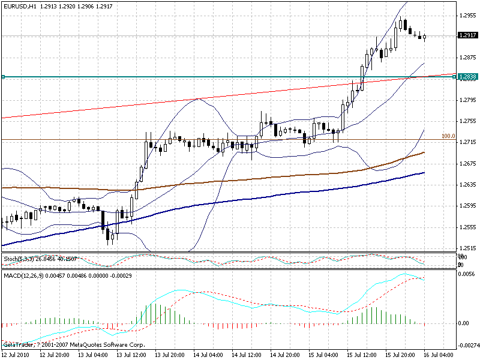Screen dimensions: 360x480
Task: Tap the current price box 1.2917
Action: point(467,35)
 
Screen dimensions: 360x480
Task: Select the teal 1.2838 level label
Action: point(467,77)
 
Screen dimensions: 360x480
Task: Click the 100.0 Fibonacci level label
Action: point(448,136)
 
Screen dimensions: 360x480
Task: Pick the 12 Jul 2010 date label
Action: point(16,355)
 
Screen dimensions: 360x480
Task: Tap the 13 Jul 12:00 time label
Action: point(131,355)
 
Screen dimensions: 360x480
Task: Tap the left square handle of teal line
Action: point(3,77)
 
